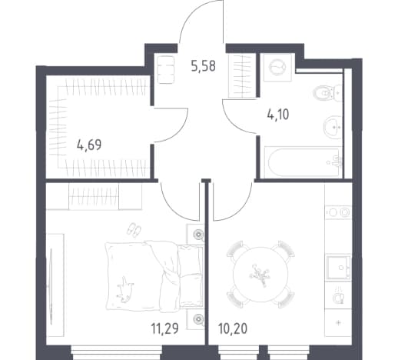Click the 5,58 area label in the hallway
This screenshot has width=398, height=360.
204,66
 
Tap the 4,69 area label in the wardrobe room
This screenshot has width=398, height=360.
89,145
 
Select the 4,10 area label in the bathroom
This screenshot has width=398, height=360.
278,115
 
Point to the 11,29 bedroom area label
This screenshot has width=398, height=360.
164,328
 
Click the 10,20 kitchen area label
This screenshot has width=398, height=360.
233,328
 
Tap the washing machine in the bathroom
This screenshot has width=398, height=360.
277,67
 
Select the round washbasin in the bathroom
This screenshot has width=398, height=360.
333,127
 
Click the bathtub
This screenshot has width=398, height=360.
303,162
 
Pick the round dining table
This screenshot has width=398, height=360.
260,274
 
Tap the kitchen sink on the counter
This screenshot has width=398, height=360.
338,268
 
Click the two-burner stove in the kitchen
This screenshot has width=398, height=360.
339,212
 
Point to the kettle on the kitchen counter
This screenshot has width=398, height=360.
339,296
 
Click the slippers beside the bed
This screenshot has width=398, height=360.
134,229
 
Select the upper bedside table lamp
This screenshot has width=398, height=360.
198,235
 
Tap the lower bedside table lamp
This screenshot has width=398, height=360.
198,318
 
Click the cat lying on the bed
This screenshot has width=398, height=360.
124,289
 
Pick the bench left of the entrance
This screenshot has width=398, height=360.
166,70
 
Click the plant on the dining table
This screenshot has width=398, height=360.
260,275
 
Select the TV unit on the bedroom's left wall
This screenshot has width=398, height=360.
55,285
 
